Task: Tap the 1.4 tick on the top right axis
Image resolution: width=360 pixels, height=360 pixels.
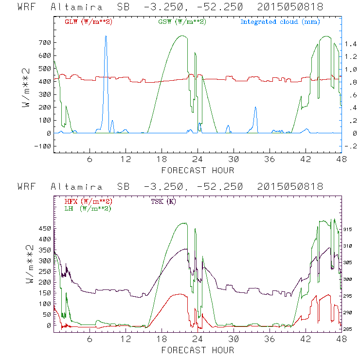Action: point(351,44)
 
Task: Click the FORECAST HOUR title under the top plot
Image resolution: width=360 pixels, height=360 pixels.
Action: point(197,170)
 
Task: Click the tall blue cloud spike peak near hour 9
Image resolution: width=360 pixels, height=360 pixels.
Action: point(106,36)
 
